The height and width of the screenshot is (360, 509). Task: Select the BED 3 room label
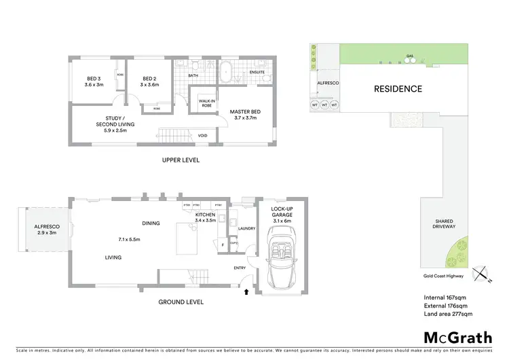click(x=94, y=82)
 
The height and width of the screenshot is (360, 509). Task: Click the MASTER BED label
click(x=243, y=115)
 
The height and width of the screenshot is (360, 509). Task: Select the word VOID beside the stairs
click(x=202, y=135)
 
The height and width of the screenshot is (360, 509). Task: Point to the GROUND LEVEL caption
click(x=180, y=302)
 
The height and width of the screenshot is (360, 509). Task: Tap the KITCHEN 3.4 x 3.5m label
click(x=204, y=218)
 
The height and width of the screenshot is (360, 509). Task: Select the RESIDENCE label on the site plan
click(x=397, y=89)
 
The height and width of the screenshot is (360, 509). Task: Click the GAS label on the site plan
click(x=409, y=56)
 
